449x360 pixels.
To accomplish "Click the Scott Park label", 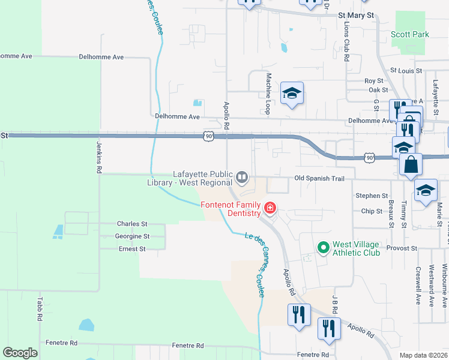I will point(410,34).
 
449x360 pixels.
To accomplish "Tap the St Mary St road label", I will point(356,15).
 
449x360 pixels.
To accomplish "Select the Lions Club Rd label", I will point(347,43).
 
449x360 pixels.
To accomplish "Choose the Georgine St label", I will point(132,236).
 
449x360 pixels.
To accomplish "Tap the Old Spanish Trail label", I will point(319,178).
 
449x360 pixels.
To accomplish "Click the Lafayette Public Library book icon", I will point(241,176).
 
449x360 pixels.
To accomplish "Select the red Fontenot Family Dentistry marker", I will point(270,208).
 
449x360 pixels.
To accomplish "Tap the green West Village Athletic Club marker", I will point(324,247).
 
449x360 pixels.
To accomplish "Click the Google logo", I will point(20,352).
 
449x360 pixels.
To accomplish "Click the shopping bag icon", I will point(411,164).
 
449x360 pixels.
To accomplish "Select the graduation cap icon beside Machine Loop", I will point(292,93).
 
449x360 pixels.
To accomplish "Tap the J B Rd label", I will point(336,304).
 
